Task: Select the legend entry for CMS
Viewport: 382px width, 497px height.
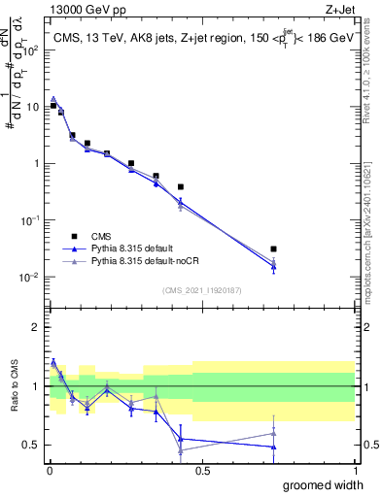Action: point(101,236)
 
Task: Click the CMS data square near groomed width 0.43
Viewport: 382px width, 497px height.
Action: point(181,186)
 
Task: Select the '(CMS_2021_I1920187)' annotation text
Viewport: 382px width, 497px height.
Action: point(201,289)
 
